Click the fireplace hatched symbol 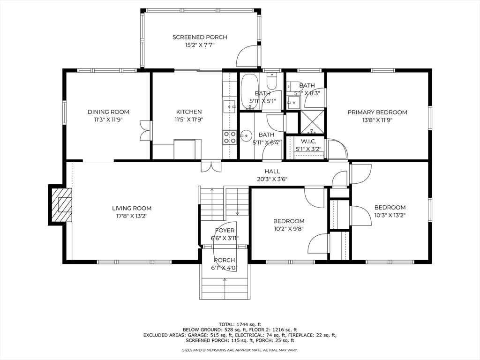point(61,204)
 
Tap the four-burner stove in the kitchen point(230,137)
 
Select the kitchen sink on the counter point(230,106)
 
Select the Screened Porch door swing point(247,55)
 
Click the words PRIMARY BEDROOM point(377,112)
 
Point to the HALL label point(272,172)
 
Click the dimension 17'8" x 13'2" point(132,216)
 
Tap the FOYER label point(225,231)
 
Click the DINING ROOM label point(108,112)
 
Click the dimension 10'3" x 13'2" point(390,215)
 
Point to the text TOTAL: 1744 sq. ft point(240,324)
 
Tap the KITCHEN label point(189,112)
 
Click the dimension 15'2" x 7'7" point(200,45)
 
